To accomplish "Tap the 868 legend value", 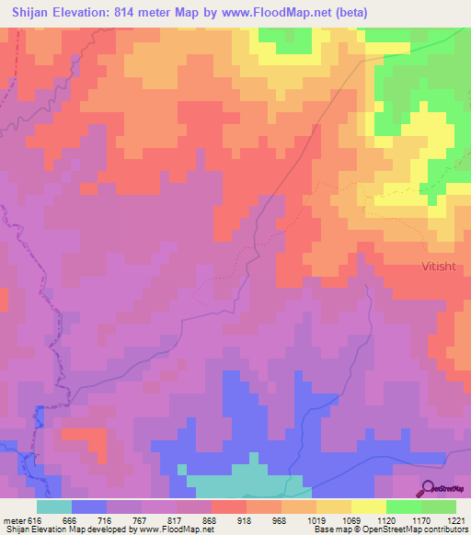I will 211,520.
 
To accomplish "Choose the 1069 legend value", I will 350,520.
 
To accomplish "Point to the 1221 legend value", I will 455,520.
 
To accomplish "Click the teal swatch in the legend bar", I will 54,507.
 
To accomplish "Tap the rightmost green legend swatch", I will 438,507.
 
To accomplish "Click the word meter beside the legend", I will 14,520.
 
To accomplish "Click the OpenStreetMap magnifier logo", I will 428,489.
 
